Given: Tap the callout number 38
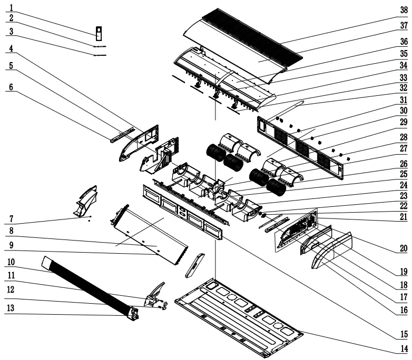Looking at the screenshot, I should pyautogui.click(x=404, y=9).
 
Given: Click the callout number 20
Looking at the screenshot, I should pyautogui.click(x=404, y=248).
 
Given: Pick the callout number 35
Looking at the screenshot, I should pyautogui.click(x=404, y=54).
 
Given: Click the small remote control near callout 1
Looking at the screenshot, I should pyautogui.click(x=98, y=33).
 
